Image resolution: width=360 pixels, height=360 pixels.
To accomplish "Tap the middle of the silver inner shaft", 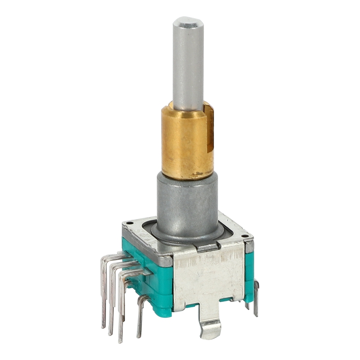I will tap(188, 63).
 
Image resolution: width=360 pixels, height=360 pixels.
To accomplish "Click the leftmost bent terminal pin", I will tap(105, 288).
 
